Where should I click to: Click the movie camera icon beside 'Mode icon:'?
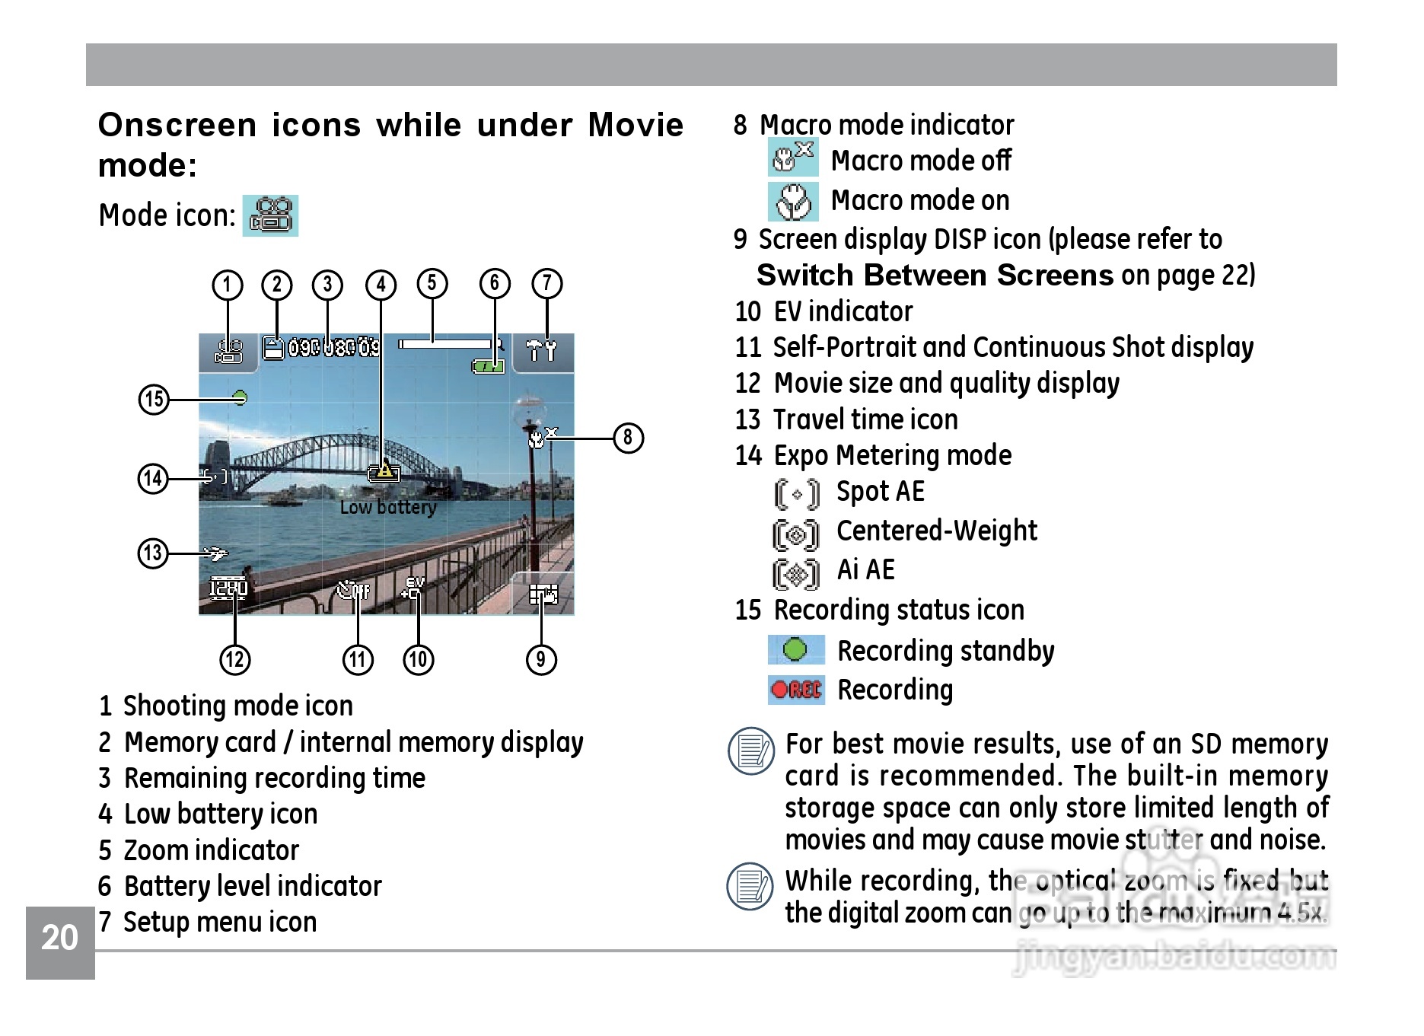270,215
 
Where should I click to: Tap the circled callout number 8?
628,438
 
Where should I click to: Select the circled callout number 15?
153,399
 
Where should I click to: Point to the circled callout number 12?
234,659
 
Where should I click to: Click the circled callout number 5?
432,283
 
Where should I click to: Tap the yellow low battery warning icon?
384,472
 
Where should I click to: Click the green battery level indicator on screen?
488,366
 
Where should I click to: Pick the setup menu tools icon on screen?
542,351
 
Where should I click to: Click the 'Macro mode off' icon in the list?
792,158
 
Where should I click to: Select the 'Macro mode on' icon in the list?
792,201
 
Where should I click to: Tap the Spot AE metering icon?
796,494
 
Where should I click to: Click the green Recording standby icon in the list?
795,650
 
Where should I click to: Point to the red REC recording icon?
796,690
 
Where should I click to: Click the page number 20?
60,938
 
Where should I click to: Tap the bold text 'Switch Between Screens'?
935,275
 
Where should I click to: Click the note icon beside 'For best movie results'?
751,751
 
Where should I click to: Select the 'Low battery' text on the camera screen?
388,507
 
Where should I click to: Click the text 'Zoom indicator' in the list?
212,850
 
